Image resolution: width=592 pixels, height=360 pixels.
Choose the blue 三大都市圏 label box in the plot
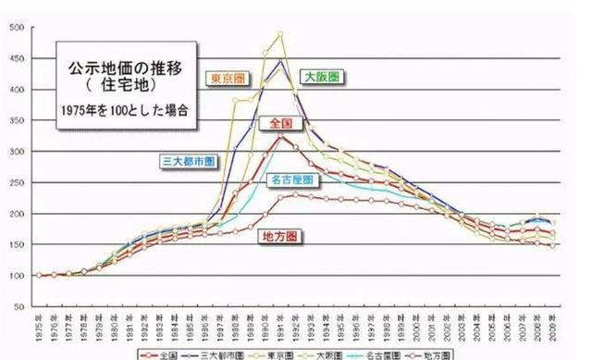pos(189,159)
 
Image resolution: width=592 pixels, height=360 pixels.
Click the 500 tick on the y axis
pos(18,28)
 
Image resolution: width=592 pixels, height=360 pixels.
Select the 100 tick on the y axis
pos(18,276)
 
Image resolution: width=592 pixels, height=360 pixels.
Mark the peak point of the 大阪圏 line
pos(280,34)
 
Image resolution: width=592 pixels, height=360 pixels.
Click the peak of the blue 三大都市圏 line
pos(280,61)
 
